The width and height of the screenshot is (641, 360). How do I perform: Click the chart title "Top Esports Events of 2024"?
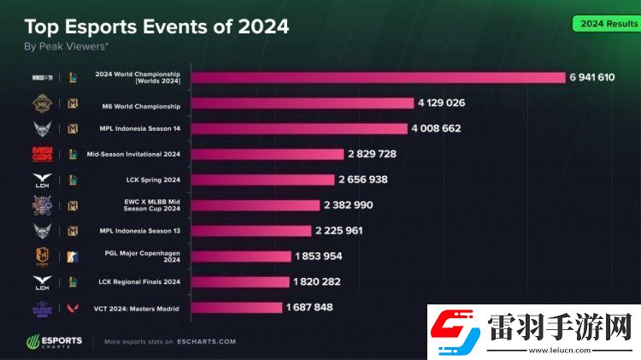coord(156,27)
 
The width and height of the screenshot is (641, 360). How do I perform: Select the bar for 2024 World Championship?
coord(377,77)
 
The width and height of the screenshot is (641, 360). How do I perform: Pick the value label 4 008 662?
coord(436,128)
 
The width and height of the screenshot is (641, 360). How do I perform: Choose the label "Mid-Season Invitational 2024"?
coord(133,154)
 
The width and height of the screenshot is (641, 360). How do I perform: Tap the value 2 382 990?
coord(348,205)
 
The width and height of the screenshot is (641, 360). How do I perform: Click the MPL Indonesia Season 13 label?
coord(139,231)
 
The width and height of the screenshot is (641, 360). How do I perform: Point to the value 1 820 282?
coord(317,281)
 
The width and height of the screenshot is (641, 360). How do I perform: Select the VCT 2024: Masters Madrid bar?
coord(236,307)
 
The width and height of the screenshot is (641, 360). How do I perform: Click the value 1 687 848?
coord(310,307)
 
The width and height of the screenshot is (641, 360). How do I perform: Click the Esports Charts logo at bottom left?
coord(53,341)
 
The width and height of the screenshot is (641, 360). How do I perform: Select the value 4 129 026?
coord(441,103)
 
